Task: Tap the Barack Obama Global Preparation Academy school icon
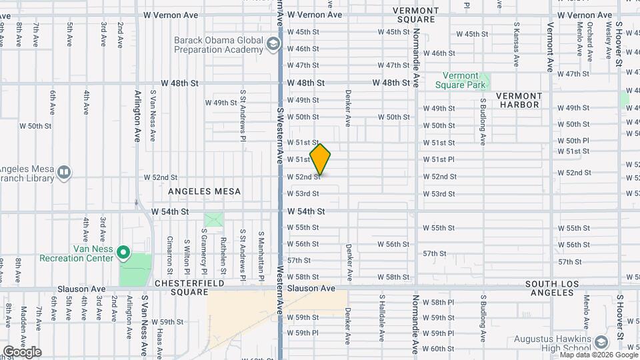coord(272,45)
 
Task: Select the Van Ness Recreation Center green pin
coord(123,253)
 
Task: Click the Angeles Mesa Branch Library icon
coord(64,173)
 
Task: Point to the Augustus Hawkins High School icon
coord(601,343)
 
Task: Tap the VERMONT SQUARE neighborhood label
coord(415,15)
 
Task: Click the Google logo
coord(22,352)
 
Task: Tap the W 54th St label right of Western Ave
coord(306,211)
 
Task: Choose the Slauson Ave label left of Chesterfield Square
coord(81,289)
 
